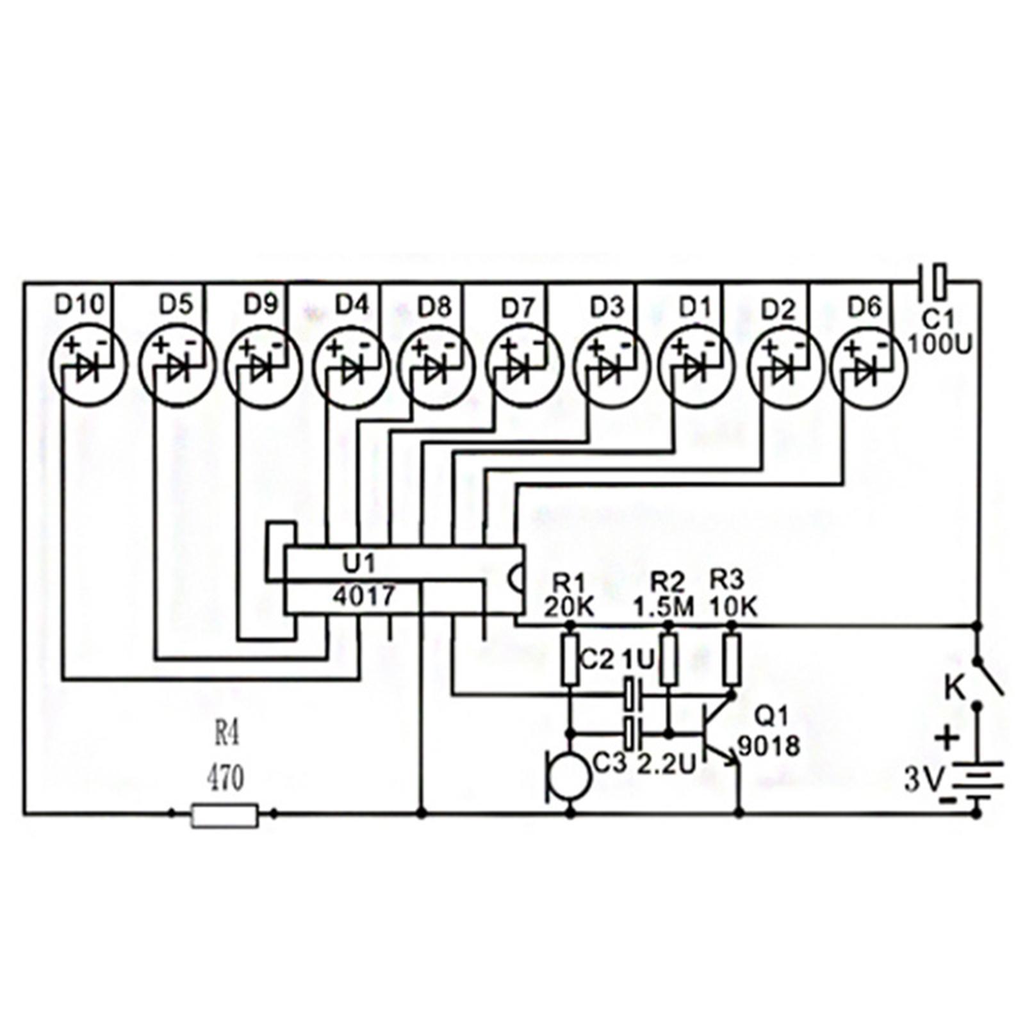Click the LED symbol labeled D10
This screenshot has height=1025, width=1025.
(88, 366)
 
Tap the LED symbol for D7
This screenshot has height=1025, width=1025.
(524, 366)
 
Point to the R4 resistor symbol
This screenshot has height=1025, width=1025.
(225, 815)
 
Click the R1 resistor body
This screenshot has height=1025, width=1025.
(570, 659)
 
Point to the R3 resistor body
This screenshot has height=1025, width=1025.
(732, 659)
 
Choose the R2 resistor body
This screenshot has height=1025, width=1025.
(668, 659)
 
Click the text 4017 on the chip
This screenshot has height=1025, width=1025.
(363, 596)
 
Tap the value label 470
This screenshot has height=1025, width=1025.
(225, 779)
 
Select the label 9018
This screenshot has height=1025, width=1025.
(769, 746)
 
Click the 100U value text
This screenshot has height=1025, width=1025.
(940, 345)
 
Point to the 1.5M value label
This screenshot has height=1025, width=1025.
(664, 606)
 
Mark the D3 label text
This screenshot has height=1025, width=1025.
(606, 307)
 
